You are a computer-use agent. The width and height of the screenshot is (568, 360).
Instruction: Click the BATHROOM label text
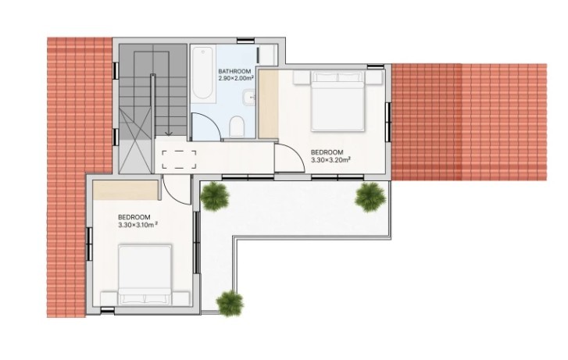pos(234,71)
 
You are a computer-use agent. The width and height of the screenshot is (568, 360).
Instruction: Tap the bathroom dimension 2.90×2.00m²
pos(235,78)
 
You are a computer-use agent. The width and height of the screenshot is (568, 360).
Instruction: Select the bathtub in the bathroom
pos(202,73)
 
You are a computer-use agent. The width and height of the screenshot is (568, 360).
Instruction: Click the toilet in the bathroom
pos(237,127)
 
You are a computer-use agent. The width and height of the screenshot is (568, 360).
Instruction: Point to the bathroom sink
pos(249,97)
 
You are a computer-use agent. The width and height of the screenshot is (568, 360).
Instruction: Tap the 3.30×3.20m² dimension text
pos(330,160)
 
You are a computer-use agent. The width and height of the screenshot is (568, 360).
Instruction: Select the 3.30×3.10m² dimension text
pos(138,225)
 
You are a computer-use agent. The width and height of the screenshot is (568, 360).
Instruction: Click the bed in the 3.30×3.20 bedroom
pos(338,101)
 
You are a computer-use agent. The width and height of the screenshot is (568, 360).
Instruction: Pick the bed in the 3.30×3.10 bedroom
pos(145,275)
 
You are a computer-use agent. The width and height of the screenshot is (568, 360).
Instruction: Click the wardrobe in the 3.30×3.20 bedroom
pos(269,104)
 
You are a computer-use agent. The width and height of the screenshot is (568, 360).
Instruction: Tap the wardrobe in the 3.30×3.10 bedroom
pos(127,190)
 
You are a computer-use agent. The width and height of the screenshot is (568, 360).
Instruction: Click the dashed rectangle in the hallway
pos(179,160)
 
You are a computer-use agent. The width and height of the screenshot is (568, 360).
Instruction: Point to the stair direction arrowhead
pos(169,134)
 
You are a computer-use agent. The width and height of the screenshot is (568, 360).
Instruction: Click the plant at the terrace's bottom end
pos(230,303)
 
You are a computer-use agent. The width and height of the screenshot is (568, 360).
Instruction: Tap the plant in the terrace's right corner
pos(370,197)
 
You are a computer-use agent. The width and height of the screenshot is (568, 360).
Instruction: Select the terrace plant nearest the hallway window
pos(215,196)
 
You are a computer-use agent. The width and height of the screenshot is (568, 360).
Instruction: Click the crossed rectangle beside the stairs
pos(136,141)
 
